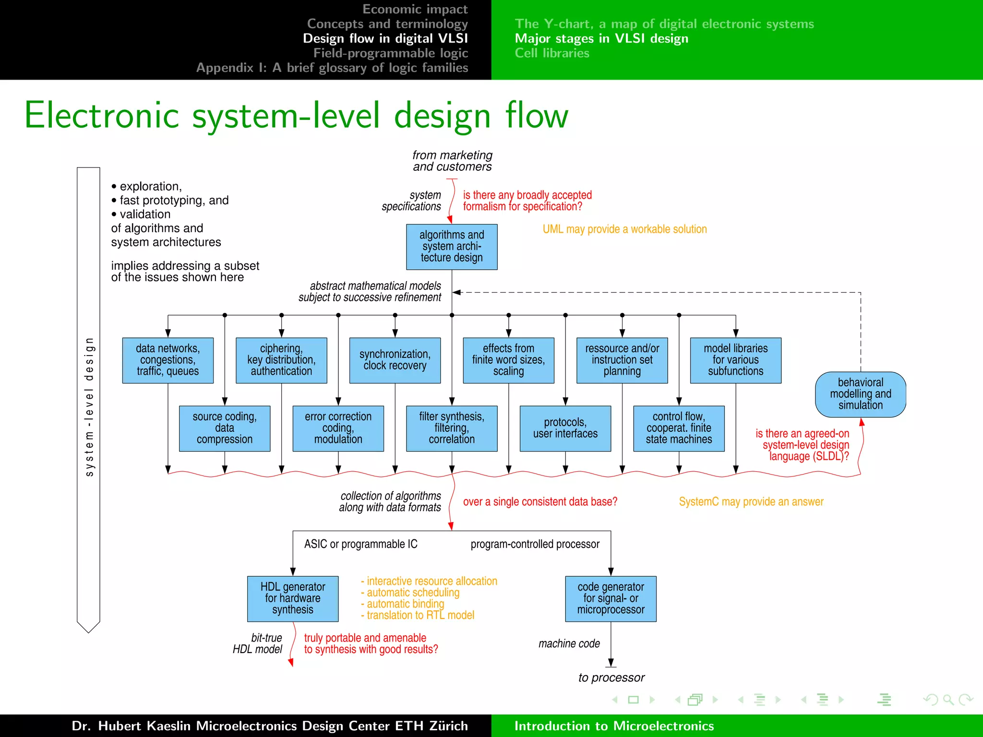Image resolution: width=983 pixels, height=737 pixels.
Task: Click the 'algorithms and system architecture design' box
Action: (451, 247)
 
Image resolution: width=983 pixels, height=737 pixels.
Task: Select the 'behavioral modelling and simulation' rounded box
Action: (860, 394)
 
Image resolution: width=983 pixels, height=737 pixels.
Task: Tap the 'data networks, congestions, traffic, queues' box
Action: (168, 360)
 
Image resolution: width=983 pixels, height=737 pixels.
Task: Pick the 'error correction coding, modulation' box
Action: (338, 428)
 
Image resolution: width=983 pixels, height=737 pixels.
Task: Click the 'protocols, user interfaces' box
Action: (565, 428)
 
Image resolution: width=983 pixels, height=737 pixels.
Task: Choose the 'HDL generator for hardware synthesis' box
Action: (292, 598)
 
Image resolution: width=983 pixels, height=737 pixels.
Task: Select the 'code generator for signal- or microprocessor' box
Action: (611, 598)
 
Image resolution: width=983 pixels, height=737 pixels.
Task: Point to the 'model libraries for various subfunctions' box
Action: (735, 360)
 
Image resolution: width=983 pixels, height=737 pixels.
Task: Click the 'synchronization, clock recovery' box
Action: (395, 360)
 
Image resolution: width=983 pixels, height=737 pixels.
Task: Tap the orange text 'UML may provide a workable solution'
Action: (624, 229)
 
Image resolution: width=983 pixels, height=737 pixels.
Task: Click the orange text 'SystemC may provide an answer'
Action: (751, 502)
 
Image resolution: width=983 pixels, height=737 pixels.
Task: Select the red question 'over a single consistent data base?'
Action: (540, 502)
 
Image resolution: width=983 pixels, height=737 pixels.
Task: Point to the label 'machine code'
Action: (569, 643)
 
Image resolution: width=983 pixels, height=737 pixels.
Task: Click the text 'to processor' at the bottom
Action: (611, 678)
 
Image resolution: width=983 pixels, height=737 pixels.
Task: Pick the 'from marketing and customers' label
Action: (452, 161)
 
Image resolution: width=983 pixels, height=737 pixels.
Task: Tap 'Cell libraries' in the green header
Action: (552, 53)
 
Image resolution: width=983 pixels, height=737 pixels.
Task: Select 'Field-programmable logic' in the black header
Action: (391, 53)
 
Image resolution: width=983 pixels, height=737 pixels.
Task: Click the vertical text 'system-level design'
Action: (89, 407)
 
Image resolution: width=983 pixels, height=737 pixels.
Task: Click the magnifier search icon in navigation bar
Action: (948, 700)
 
